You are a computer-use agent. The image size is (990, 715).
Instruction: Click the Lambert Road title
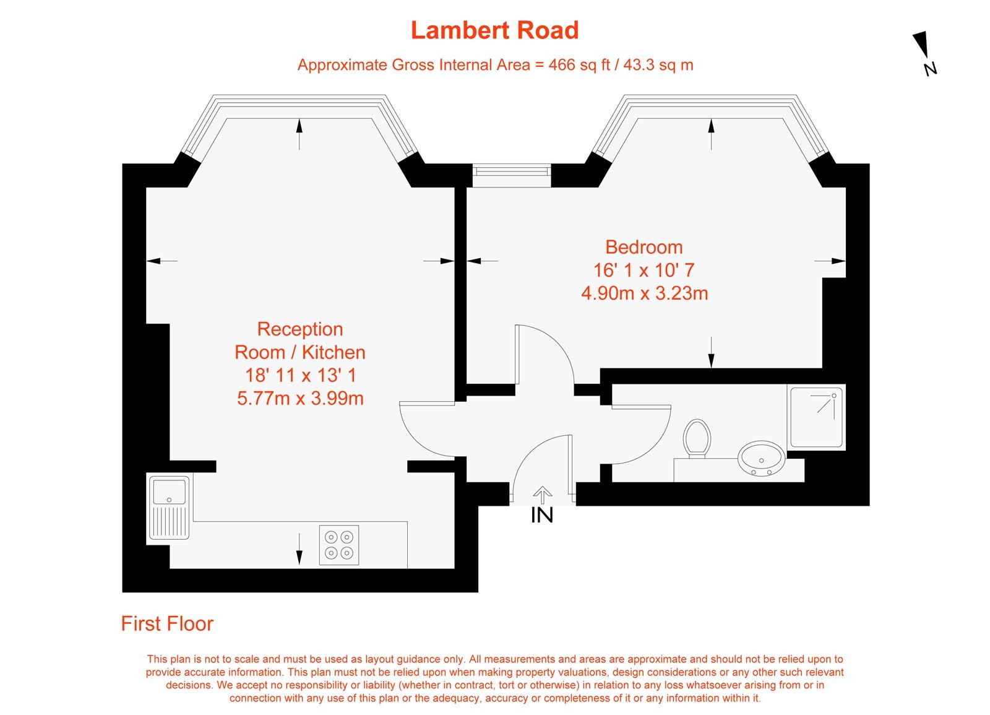click(494, 30)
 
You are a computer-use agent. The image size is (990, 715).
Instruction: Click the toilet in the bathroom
click(697, 438)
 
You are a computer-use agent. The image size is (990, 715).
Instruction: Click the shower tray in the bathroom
click(816, 417)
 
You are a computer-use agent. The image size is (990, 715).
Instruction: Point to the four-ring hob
click(339, 545)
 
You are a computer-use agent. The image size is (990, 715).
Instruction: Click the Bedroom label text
click(643, 247)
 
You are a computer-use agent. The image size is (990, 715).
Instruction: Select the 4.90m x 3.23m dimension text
click(644, 293)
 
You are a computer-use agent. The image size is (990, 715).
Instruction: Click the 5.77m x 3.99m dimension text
click(300, 398)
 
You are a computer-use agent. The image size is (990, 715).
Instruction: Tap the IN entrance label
click(542, 515)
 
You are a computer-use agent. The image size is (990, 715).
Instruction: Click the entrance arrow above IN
click(543, 495)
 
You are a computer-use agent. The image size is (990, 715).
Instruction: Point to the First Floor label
click(167, 623)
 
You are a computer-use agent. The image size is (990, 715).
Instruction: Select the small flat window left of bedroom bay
click(511, 175)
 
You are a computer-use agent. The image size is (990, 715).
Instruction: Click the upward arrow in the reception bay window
click(299, 133)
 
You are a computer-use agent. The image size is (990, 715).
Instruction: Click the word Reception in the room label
click(300, 329)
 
